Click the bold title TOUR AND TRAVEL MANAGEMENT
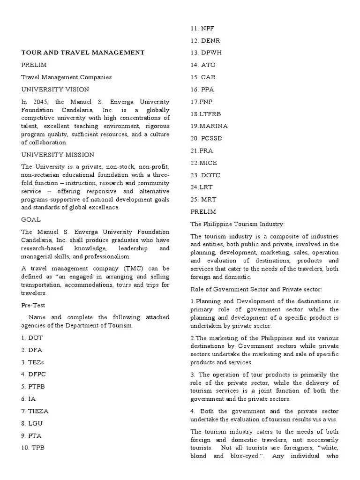tap(83, 52)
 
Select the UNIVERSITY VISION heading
tap(55, 89)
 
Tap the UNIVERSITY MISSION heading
tap(58, 154)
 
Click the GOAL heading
tap(31, 219)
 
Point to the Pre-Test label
tap(34, 305)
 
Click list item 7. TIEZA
tap(35, 411)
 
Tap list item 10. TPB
tap(33, 447)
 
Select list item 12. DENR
tap(203, 41)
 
